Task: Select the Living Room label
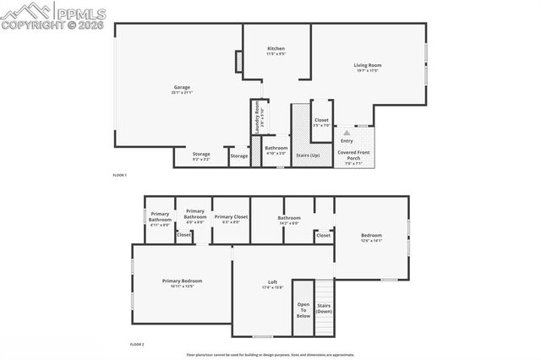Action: (368, 67)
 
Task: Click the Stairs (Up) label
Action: (309, 155)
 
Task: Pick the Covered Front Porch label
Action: (352, 155)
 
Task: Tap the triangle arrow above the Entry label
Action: (345, 134)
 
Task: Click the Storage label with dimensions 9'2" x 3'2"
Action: (201, 155)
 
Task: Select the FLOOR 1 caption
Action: (119, 175)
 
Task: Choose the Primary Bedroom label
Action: (183, 282)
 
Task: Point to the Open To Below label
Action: (303, 309)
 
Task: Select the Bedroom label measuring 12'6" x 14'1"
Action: (372, 237)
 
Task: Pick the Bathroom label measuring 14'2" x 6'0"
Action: (289, 220)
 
